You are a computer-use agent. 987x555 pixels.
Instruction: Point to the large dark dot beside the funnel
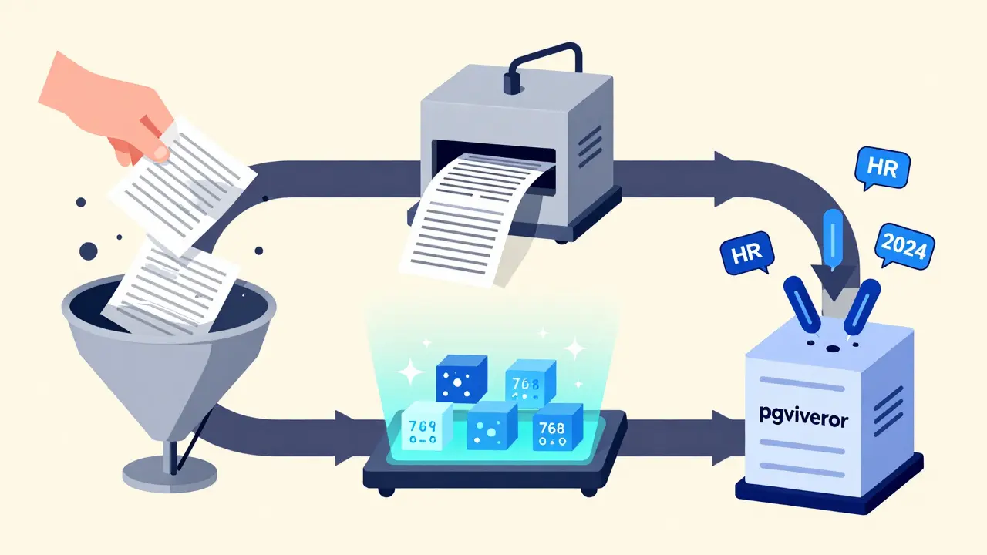[89, 251]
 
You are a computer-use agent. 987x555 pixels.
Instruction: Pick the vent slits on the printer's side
[590, 143]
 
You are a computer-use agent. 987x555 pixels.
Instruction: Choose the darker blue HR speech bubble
[743, 255]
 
